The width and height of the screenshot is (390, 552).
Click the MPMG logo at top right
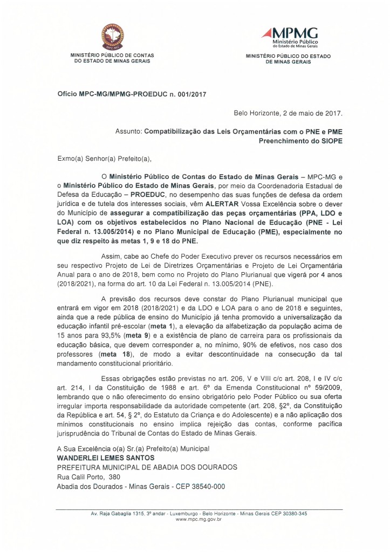[x=289, y=37]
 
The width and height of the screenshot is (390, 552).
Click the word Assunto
[x=128, y=130]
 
